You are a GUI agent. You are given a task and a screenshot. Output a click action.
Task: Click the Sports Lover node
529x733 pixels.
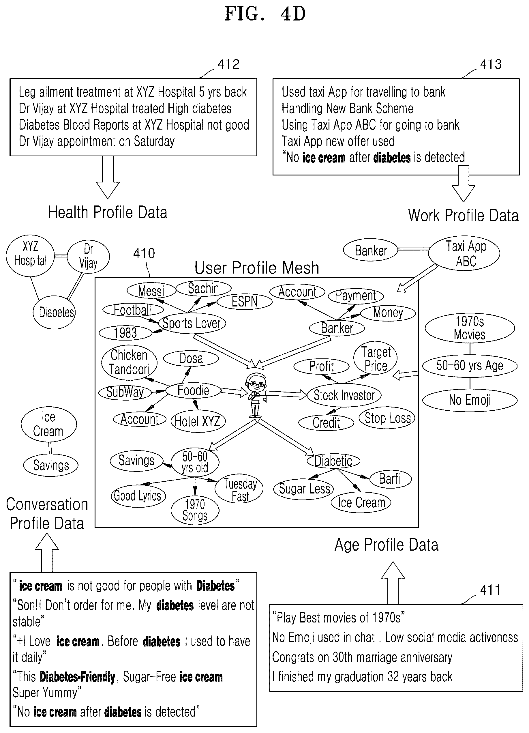click(192, 323)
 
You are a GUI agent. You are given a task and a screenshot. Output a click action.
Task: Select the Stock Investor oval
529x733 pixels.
click(344, 395)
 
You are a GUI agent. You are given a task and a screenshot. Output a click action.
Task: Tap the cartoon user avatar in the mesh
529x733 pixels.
click(256, 395)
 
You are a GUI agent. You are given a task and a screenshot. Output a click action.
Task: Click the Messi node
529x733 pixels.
click(151, 291)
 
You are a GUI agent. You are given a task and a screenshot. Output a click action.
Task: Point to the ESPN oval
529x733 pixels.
click(245, 302)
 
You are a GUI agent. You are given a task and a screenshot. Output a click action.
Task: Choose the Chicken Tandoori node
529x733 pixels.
click(129, 362)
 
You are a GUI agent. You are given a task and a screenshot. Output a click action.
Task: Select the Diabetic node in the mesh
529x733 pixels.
click(333, 461)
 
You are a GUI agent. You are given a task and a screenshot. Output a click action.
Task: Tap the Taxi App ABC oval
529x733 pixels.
click(464, 253)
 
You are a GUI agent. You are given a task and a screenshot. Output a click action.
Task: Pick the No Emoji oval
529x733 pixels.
click(470, 400)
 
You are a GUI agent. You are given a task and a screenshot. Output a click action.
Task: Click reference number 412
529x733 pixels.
click(229, 64)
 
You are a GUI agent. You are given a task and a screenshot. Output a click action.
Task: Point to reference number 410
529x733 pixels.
click(144, 253)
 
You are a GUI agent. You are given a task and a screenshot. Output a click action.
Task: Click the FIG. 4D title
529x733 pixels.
click(265, 14)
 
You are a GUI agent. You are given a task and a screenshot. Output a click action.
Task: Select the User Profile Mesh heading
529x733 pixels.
click(257, 268)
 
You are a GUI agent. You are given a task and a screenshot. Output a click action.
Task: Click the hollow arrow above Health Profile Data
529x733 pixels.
click(108, 177)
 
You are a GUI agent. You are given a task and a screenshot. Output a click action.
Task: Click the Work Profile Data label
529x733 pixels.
click(463, 216)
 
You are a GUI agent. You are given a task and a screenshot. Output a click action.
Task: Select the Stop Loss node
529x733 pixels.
click(387, 418)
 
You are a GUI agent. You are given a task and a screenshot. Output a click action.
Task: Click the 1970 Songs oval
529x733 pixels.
click(195, 510)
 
